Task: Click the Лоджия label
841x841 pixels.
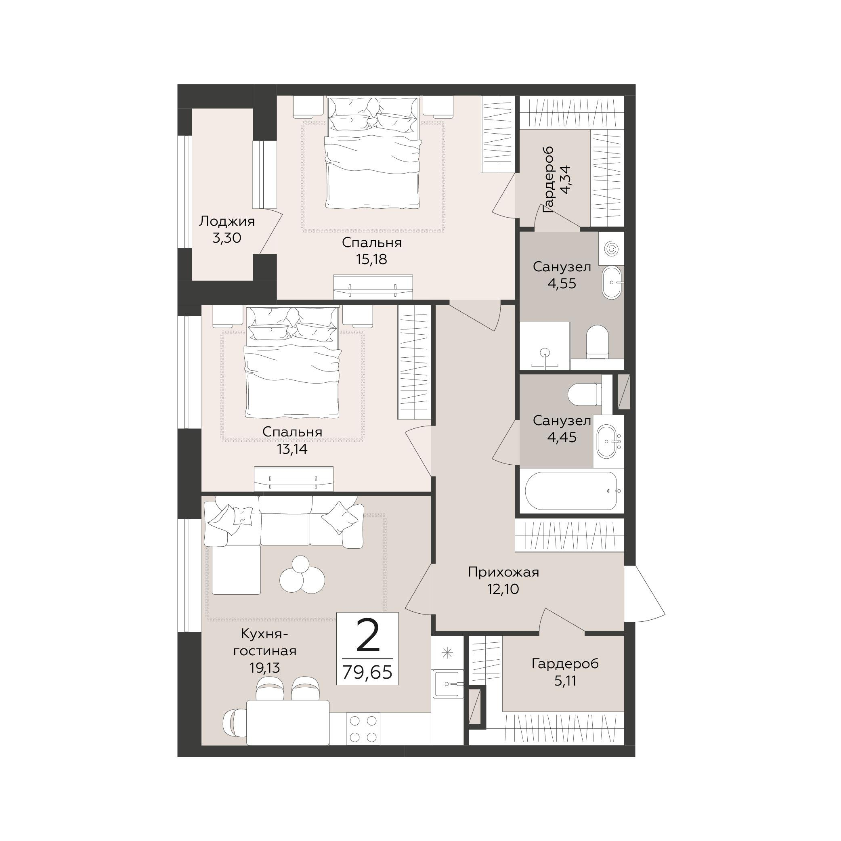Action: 227,222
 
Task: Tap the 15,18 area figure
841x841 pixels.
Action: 371,260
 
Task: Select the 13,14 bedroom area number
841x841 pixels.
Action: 292,449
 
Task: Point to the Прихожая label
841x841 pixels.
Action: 503,573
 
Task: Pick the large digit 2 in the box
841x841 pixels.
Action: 368,636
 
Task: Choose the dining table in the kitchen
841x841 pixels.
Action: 288,722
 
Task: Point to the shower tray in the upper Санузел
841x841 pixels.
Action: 545,346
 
